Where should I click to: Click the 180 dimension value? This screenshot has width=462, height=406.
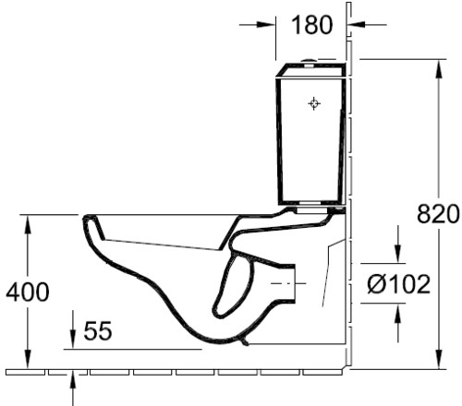tap(311, 25)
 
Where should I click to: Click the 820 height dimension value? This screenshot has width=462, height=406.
tap(438, 214)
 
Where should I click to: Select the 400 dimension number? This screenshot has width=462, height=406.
tap(28, 292)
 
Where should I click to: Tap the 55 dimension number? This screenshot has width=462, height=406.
tap(98, 331)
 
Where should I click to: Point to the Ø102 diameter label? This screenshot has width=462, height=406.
tap(398, 284)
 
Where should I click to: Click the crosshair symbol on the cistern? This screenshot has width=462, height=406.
tap(314, 103)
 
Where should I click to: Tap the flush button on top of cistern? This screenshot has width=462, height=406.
tap(309, 61)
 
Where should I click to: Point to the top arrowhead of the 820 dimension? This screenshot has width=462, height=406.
tap(439, 71)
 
